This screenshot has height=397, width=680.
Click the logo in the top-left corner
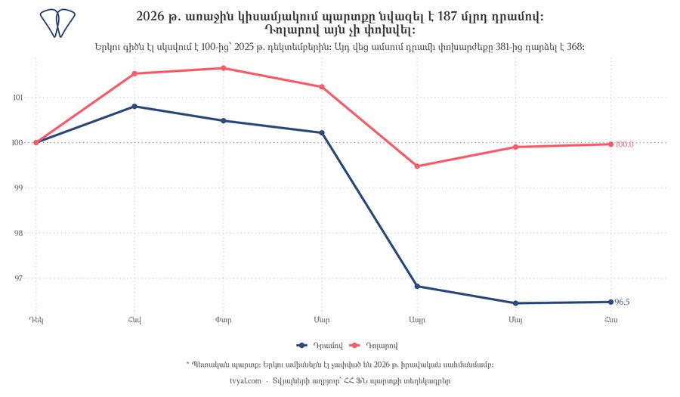tap(57, 23)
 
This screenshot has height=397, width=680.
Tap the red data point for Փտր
tap(224, 68)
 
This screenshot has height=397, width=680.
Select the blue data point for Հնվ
tap(134, 107)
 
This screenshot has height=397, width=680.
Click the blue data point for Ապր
tap(417, 287)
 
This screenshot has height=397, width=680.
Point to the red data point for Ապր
tap(417, 166)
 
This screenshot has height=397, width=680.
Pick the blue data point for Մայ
tap(515, 303)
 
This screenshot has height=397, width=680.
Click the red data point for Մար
tap(322, 87)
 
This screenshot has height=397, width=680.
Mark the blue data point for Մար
tap(322, 133)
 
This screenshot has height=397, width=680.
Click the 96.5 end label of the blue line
tap(623, 302)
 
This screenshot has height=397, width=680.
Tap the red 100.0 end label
tap(625, 144)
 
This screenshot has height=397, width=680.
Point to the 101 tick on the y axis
tap(18, 98)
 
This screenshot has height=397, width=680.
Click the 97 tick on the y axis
tap(18, 278)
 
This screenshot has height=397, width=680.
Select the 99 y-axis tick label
tap(18, 188)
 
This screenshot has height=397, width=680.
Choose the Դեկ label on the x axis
tap(36, 320)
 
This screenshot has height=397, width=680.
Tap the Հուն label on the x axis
tap(610, 320)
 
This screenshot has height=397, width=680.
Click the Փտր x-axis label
tap(224, 320)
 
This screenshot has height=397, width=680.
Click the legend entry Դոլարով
tap(373, 346)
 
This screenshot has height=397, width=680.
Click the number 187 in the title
tap(447, 17)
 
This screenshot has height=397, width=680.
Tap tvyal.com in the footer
tap(246, 381)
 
